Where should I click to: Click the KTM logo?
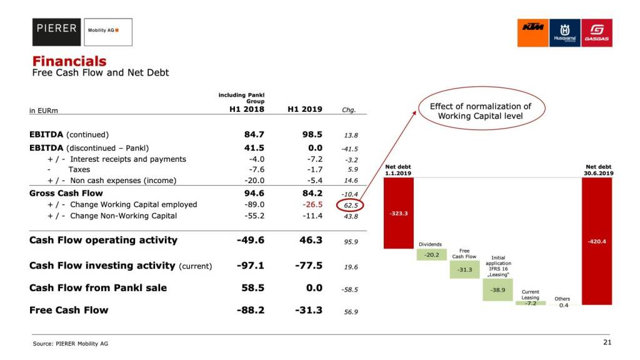pyautogui.click(x=532, y=32)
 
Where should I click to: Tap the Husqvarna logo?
pyautogui.click(x=564, y=32)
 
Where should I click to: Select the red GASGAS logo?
pyautogui.click(x=596, y=32)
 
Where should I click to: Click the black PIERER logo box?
pyautogui.click(x=57, y=32)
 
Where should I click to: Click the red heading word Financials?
pyautogui.click(x=69, y=61)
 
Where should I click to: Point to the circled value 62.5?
pyautogui.click(x=351, y=205)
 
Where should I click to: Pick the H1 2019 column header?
pyautogui.click(x=304, y=109)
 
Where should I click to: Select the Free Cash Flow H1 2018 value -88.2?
pyautogui.click(x=251, y=310)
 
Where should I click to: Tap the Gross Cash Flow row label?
pyautogui.click(x=66, y=193)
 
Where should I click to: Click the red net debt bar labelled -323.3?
pyautogui.click(x=398, y=212)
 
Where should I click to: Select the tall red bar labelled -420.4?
pyautogui.click(x=597, y=241)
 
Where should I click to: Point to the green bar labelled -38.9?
pyautogui.click(x=497, y=289)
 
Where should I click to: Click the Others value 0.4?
pyautogui.click(x=564, y=305)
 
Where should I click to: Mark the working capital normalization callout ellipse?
pyautogui.click(x=480, y=111)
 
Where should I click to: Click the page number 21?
pyautogui.click(x=607, y=342)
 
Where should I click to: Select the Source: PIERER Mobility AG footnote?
pyautogui.click(x=66, y=343)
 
